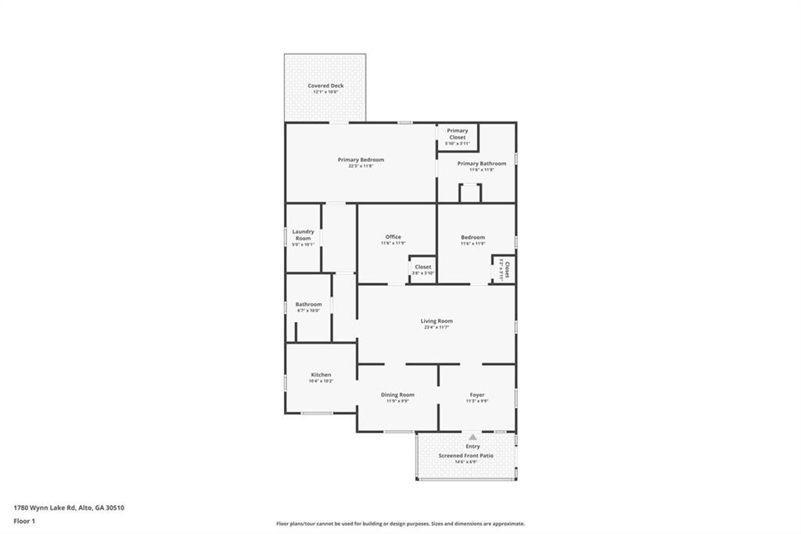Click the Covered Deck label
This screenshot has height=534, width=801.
[x=325, y=85]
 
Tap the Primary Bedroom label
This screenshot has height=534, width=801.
[x=361, y=160]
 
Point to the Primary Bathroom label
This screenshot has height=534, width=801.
[x=482, y=164]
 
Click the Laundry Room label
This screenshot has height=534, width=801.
[x=304, y=235]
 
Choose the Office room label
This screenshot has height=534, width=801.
[x=393, y=236]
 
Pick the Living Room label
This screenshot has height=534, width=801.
[x=436, y=321]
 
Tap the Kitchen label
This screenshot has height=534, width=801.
[x=321, y=375]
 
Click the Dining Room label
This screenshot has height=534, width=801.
[x=397, y=395]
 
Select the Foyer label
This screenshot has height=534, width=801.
[x=477, y=395]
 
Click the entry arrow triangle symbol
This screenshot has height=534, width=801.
[x=472, y=438]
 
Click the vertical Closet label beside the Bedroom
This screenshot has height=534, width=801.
[x=507, y=270]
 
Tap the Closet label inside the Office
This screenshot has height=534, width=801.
[x=422, y=267]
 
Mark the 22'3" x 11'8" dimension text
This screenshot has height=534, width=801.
[x=361, y=166]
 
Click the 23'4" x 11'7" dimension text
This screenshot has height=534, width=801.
[x=436, y=327]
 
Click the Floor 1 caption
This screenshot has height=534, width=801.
[x=24, y=520]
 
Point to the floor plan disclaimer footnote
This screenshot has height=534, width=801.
[x=400, y=524]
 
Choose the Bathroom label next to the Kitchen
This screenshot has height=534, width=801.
[x=308, y=305]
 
